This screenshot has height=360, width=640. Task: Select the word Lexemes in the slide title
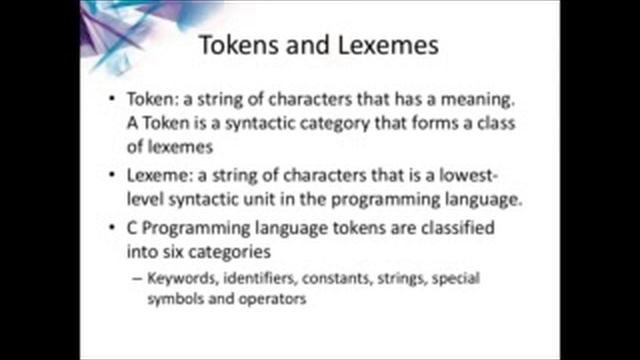click(385, 47)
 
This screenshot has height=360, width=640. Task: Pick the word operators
click(270, 297)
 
